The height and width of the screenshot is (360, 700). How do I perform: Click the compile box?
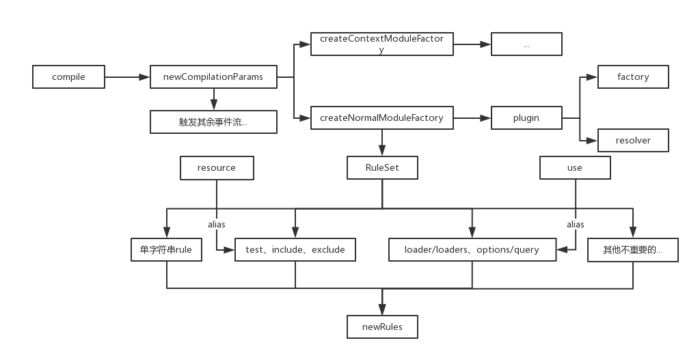(68, 77)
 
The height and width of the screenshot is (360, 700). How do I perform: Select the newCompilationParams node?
(213, 77)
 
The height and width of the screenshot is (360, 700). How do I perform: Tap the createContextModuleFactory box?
(381, 44)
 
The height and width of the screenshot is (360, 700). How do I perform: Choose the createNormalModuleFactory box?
(381, 117)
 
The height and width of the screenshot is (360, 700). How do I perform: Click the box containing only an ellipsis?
(526, 44)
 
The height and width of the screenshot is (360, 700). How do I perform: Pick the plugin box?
(526, 117)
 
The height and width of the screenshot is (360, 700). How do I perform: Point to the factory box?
(633, 77)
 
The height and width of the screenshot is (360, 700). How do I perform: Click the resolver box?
(633, 140)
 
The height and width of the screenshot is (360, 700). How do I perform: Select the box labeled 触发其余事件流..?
(213, 122)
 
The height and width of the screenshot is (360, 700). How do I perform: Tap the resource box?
(216, 168)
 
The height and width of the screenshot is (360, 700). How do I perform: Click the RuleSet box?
(381, 168)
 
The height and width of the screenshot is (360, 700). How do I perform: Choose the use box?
(575, 168)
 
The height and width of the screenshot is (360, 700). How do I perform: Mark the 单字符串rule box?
(166, 250)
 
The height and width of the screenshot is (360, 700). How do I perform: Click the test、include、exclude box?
(295, 250)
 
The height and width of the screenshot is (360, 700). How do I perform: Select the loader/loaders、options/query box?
(471, 250)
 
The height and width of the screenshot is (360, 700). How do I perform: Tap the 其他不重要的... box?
(633, 250)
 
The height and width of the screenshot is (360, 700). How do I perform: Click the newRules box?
(382, 327)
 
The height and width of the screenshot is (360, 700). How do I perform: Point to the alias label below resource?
(217, 224)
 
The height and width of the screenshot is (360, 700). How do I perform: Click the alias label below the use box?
(576, 224)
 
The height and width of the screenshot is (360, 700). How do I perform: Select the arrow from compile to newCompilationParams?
(127, 77)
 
